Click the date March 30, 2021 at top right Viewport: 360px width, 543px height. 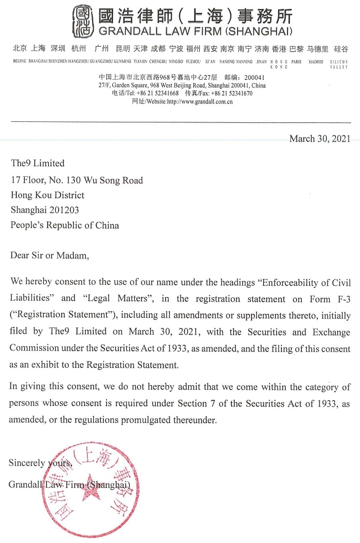(x=320, y=139)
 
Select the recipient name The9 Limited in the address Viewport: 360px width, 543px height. (x=38, y=163)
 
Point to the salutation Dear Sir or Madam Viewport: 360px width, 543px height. (x=49, y=255)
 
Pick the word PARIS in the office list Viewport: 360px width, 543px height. (x=297, y=61)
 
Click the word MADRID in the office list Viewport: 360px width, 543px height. (x=316, y=61)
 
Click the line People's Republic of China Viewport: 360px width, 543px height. (x=65, y=225)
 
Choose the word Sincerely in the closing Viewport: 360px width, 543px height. (x=25, y=463)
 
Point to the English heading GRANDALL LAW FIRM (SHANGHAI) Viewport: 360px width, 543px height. (x=195, y=31)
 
